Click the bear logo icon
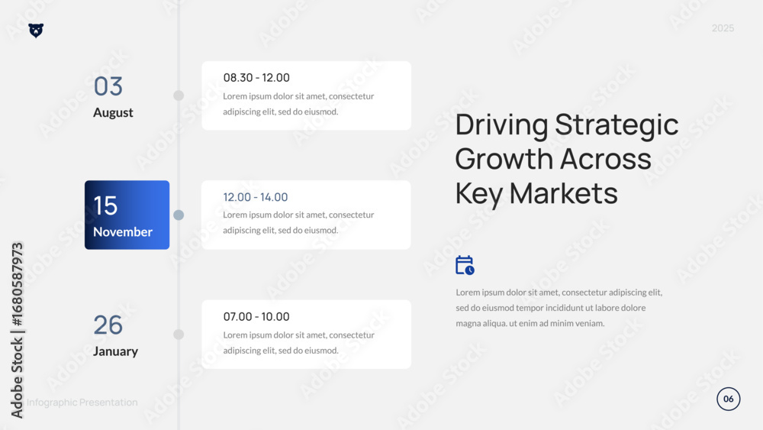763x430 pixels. (x=36, y=31)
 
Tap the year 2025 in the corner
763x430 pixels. (x=723, y=28)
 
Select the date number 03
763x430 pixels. (x=108, y=86)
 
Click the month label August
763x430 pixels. (x=113, y=112)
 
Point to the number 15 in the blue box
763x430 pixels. (x=105, y=205)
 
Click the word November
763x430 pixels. (x=123, y=231)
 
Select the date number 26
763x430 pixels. (x=108, y=325)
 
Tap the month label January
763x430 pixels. (x=115, y=351)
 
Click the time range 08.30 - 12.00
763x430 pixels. (x=256, y=77)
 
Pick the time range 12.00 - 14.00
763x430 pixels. (x=256, y=197)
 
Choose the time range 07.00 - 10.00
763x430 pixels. (x=256, y=316)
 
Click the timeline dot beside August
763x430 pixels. (x=179, y=95)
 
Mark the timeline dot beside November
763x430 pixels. (x=179, y=215)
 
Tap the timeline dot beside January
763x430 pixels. (x=179, y=334)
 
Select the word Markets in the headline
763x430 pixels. (x=564, y=193)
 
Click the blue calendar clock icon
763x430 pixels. (x=465, y=265)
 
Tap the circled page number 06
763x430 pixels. (x=728, y=399)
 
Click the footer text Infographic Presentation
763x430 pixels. (x=82, y=403)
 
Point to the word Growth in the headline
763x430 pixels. (x=503, y=159)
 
